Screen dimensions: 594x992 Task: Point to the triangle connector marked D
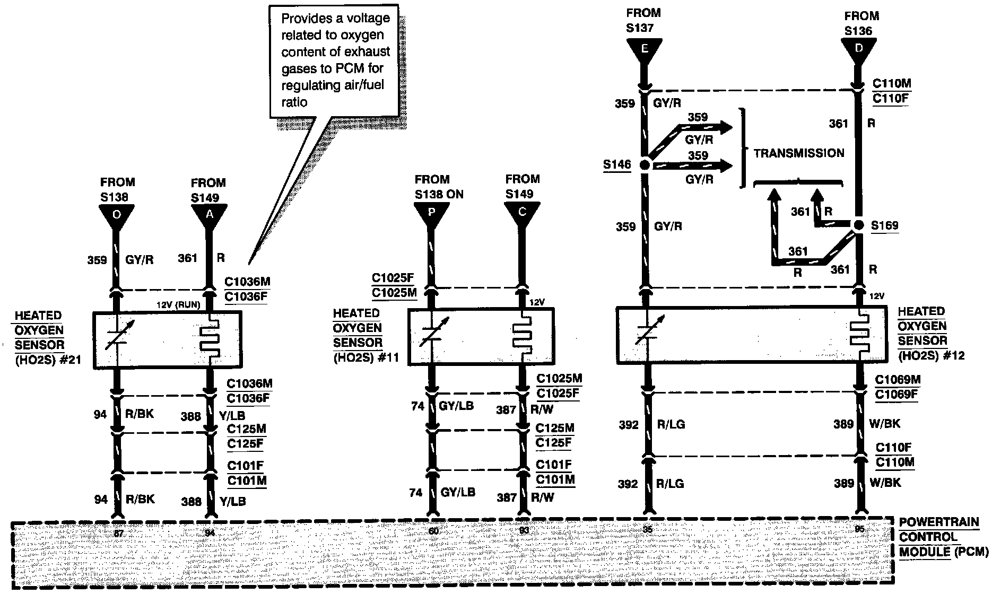click(x=858, y=49)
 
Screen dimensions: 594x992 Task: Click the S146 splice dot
click(x=645, y=164)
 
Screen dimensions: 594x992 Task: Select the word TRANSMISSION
click(x=798, y=153)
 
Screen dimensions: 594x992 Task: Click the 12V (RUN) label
click(x=178, y=305)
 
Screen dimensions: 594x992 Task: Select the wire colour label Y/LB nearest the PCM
click(x=232, y=501)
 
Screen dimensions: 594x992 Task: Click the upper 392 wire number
click(x=629, y=425)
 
